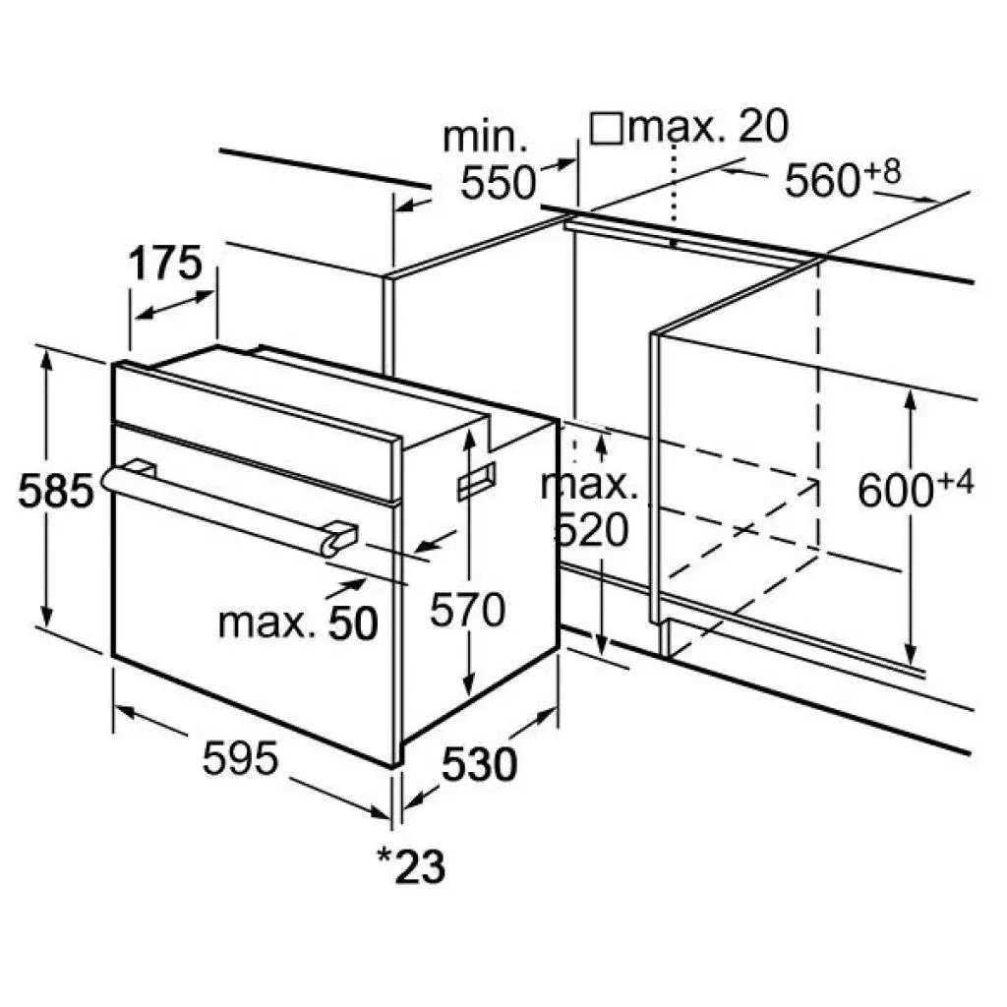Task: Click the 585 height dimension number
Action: [x=56, y=492]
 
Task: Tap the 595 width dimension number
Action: [x=240, y=758]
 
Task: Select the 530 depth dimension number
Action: [x=479, y=765]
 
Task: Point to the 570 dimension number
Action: [x=467, y=610]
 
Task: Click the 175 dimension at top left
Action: [x=165, y=264]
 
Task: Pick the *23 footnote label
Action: [x=411, y=866]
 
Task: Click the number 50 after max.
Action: [x=353, y=622]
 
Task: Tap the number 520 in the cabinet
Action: [x=591, y=530]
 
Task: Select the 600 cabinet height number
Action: [x=895, y=491]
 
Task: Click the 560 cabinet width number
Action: [x=822, y=181]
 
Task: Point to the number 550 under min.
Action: [x=498, y=182]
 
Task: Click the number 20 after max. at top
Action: [x=763, y=126]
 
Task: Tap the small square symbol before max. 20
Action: [x=606, y=129]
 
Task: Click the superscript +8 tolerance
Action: [x=882, y=171]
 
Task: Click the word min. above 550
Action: [x=485, y=137]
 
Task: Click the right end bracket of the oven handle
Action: [x=338, y=538]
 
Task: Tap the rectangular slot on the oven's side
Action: [x=477, y=480]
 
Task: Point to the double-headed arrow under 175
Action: [x=175, y=305]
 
